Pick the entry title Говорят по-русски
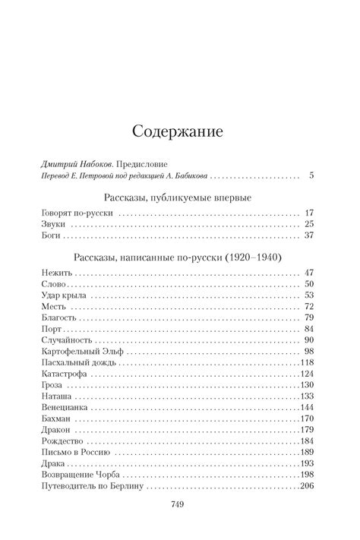[77, 213]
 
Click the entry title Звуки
[52, 225]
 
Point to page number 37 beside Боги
[309, 236]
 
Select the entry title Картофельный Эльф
[79, 351]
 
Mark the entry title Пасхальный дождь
[75, 363]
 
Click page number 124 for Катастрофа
[307, 374]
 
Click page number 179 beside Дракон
[307, 430]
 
